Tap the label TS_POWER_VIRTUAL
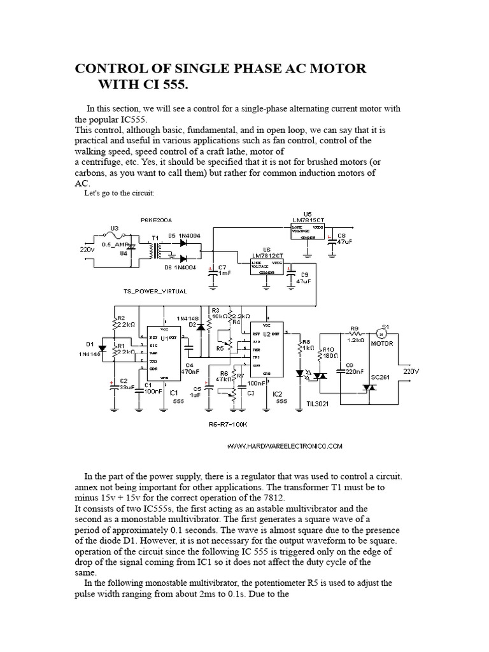[x=155, y=291]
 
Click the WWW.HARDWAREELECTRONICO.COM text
[x=285, y=446]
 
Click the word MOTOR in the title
[x=334, y=68]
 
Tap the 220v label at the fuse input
[x=87, y=249]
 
